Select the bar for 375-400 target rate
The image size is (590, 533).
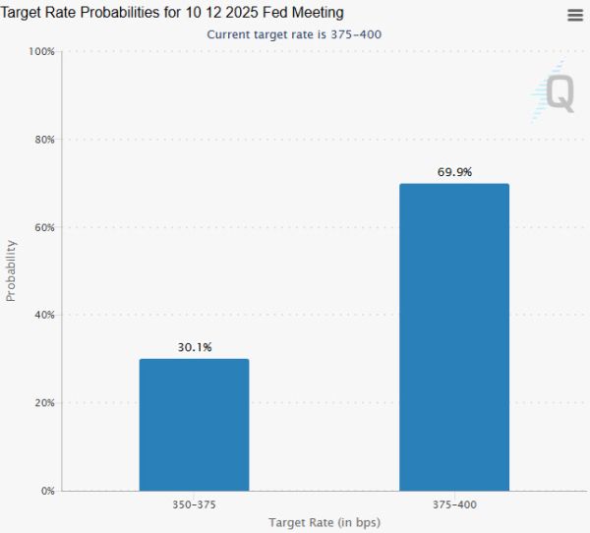(x=454, y=336)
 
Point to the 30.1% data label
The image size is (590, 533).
(x=194, y=347)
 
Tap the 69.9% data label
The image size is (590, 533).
(x=454, y=172)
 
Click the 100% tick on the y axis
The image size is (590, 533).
(x=41, y=51)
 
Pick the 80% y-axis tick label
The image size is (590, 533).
(x=43, y=140)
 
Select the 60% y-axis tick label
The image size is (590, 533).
(x=43, y=227)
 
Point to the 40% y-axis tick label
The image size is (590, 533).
(x=43, y=315)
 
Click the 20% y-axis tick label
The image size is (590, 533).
(x=43, y=403)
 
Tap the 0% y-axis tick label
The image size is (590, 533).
(x=46, y=491)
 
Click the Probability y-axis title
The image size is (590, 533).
(x=12, y=270)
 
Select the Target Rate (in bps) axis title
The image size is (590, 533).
(x=324, y=521)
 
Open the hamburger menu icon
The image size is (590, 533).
(x=575, y=15)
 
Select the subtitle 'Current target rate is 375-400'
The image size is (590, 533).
(x=294, y=33)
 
